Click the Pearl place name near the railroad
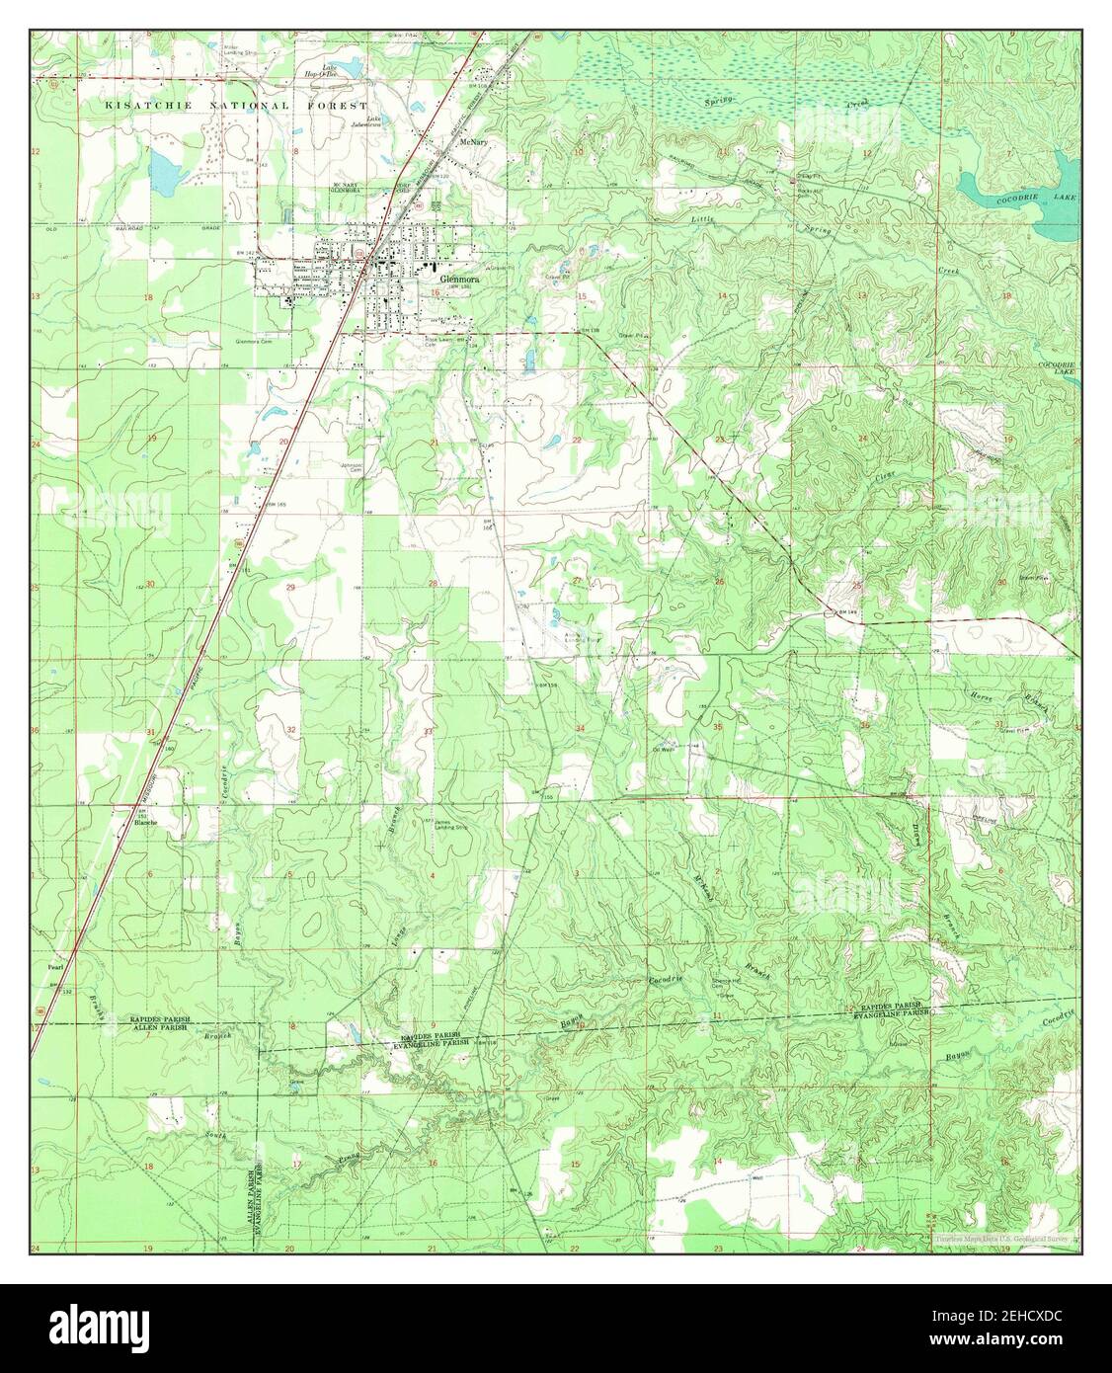(x=54, y=967)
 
